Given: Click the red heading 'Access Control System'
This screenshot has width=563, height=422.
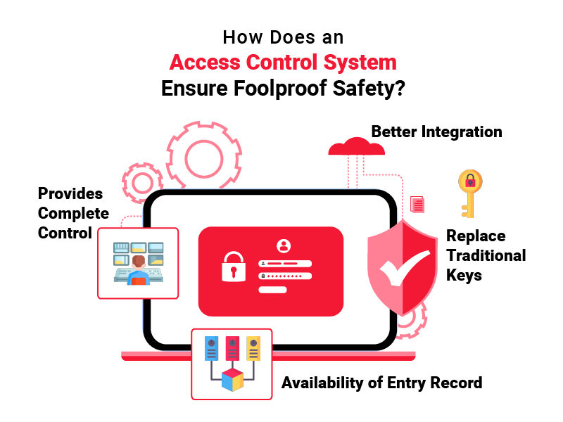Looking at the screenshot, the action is click(x=283, y=63).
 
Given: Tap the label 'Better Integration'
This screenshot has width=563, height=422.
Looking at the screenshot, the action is click(x=436, y=132).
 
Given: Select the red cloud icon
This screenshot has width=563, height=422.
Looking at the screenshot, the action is click(x=357, y=146).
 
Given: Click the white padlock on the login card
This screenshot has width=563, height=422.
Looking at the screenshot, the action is click(x=234, y=267).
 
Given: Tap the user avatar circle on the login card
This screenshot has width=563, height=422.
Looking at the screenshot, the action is click(x=284, y=245).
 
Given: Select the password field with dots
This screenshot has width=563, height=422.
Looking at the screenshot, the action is click(x=285, y=276).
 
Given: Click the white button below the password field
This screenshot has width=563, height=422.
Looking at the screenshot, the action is click(x=272, y=290).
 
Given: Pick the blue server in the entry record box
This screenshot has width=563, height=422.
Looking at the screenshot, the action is click(x=212, y=348).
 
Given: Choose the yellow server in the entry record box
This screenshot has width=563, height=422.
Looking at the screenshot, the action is click(x=253, y=348).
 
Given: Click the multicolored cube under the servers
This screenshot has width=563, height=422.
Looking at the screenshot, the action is click(x=232, y=380).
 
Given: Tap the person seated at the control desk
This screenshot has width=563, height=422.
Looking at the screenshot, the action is click(x=139, y=270).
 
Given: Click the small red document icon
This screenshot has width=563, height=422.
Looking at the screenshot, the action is click(x=417, y=204).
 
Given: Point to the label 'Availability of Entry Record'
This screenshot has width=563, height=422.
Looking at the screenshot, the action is click(x=381, y=383).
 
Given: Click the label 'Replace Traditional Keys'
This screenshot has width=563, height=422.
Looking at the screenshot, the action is click(x=486, y=255).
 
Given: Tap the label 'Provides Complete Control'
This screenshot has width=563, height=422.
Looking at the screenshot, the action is click(x=73, y=213).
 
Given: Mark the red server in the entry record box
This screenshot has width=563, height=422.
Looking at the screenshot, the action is click(x=232, y=348).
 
